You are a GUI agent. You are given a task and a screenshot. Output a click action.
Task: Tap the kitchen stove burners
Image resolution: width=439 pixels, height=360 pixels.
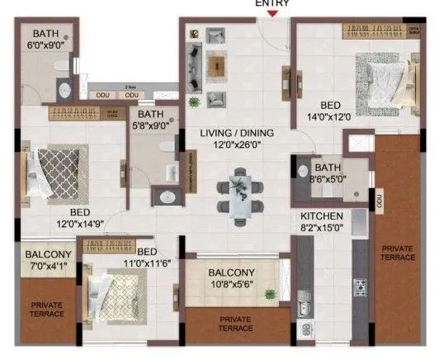pyautogui.click(x=361, y=287)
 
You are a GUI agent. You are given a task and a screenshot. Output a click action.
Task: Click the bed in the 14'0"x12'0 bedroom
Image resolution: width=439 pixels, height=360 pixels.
pyautogui.click(x=376, y=80)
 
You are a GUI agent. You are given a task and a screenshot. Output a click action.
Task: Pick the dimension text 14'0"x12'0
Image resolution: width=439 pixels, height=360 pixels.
pyautogui.click(x=330, y=116)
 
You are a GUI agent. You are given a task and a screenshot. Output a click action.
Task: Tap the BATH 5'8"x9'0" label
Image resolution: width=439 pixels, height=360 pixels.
pyautogui.click(x=150, y=121)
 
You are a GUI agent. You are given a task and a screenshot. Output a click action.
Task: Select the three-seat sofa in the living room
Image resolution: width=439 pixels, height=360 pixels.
pyautogui.click(x=196, y=62)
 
